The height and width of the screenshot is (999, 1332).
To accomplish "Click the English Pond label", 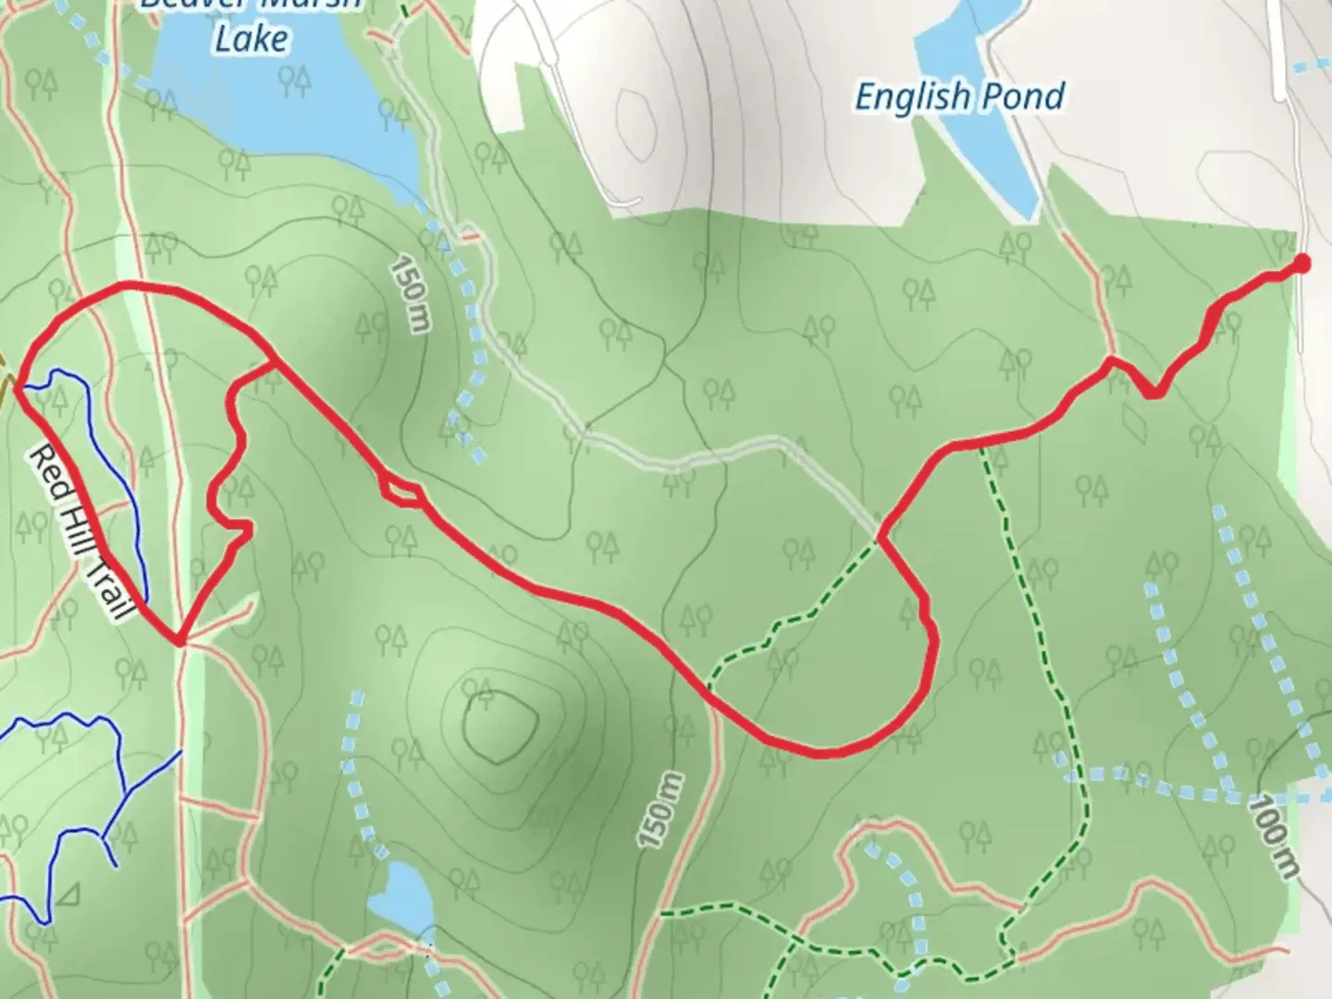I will point(959,96).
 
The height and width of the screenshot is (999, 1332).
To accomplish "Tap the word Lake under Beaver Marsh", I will point(251,39).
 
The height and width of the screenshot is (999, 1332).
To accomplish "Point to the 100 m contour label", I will point(1272,836).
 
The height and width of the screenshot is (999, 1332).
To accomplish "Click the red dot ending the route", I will point(1301,264).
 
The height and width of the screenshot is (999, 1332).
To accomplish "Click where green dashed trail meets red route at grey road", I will point(880,537).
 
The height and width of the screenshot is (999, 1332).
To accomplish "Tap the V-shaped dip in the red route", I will point(1151,394).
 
